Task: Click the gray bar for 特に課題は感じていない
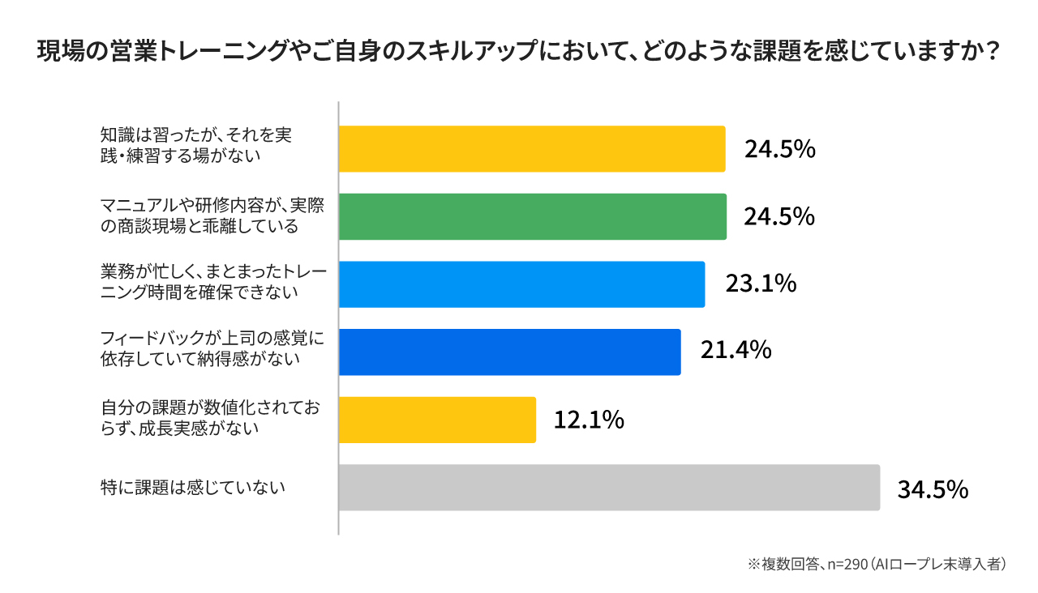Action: point(608,488)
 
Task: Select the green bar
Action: point(532,217)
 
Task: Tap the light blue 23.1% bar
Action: point(521,284)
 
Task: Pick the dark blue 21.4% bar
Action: point(509,352)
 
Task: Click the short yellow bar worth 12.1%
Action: point(437,420)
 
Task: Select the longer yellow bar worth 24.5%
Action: point(531,149)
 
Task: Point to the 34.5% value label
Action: point(933,489)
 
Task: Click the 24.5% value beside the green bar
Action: point(779,217)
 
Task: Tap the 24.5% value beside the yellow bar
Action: point(779,150)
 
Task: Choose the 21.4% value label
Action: point(735,352)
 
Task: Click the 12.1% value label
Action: point(589,420)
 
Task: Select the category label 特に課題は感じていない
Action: point(193,488)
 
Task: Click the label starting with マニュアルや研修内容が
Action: point(212,216)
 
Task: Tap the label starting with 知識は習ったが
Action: point(195,145)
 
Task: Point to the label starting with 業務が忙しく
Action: point(213,283)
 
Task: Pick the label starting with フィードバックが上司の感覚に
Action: point(212,348)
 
